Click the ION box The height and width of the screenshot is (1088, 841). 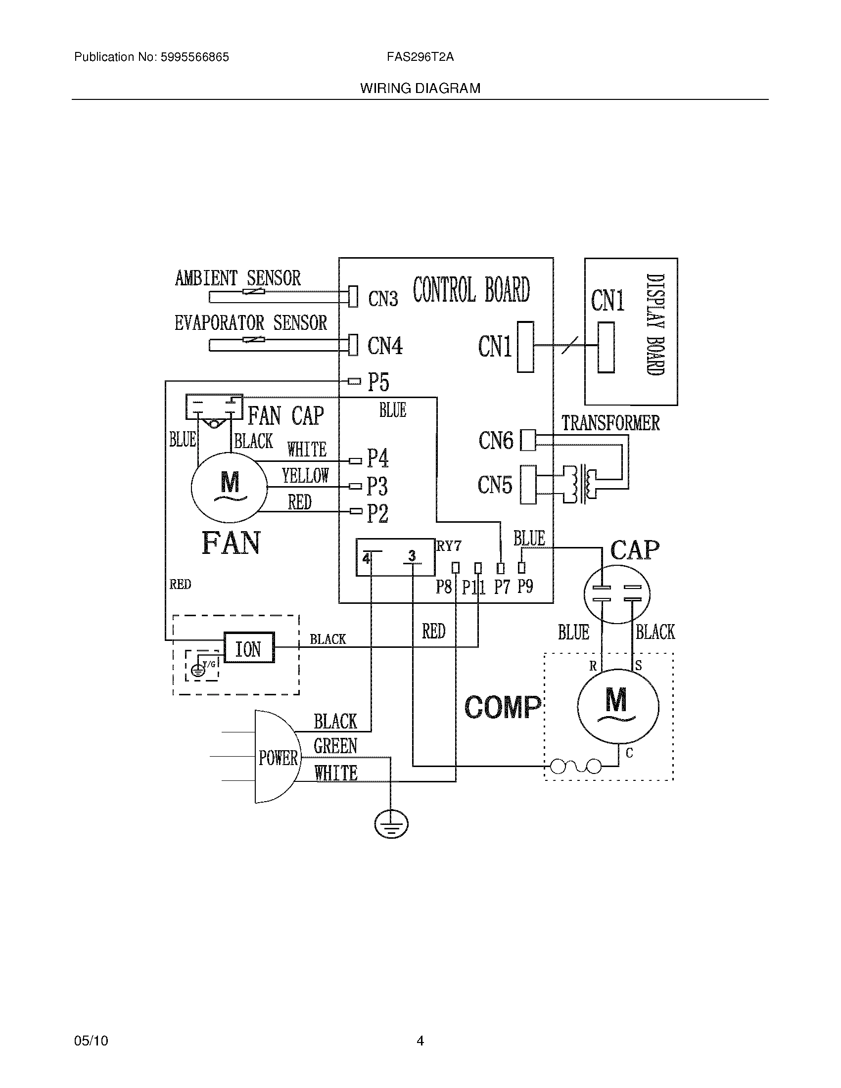(x=249, y=648)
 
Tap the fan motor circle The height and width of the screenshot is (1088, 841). (x=229, y=488)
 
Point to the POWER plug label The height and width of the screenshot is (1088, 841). (x=278, y=758)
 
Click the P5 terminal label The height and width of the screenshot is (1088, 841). (x=378, y=382)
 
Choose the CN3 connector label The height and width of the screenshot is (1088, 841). (x=382, y=299)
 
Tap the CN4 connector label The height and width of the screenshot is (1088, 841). (x=384, y=345)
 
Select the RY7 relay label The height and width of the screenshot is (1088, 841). (x=449, y=546)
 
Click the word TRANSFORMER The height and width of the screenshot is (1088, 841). (x=610, y=423)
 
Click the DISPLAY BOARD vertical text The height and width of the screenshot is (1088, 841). (x=655, y=324)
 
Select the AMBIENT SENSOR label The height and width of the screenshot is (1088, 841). (x=237, y=278)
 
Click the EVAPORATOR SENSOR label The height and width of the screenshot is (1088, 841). (x=251, y=323)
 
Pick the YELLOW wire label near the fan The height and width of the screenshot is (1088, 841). (x=305, y=476)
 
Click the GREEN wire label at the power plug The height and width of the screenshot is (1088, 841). (x=335, y=746)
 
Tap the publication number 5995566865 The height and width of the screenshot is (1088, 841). (x=194, y=57)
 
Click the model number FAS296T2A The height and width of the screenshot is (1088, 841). (x=420, y=57)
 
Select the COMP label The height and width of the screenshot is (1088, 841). (x=502, y=707)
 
